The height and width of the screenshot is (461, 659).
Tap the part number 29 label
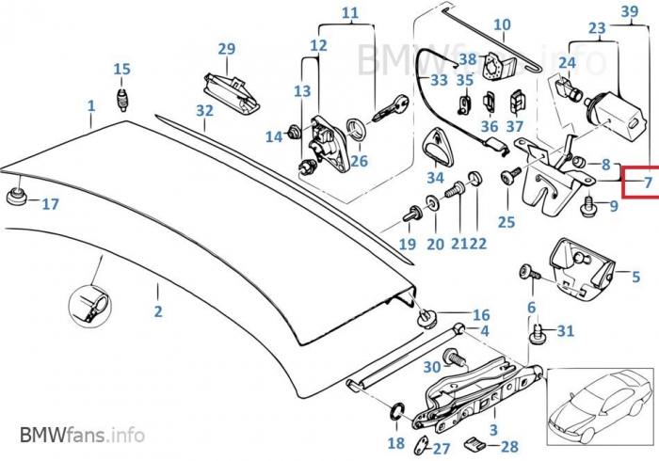226,49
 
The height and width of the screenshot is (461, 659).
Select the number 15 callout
121,69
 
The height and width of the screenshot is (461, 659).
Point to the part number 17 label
50,203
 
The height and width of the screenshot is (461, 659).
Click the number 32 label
205,110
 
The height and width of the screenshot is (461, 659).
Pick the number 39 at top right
630,10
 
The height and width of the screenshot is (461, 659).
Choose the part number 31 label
565,330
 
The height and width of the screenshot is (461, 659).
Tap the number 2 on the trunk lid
158,311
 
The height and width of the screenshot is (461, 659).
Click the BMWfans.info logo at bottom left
82,436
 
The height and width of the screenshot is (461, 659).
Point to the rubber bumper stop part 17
16,197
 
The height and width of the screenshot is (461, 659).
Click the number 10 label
502,25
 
